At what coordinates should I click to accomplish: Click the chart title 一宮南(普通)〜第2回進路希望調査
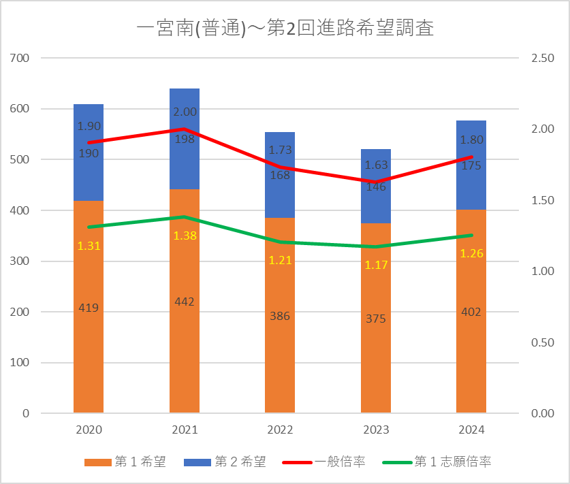pos(285,28)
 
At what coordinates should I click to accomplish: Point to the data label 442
pos(185,302)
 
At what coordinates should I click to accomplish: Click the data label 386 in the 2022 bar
pos(280,316)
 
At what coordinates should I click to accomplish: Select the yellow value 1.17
pos(376,265)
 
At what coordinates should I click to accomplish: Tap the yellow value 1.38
pos(185,236)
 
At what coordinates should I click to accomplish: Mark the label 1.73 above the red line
pos(280,150)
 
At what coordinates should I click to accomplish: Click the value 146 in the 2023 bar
pos(376,187)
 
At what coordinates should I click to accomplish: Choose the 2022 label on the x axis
pos(280,430)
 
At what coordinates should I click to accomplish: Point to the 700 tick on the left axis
pos(20,58)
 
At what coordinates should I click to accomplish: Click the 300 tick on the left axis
pos(20,261)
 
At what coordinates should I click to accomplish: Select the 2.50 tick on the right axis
pos(542,58)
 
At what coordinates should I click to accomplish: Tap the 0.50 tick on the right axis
pos(542,342)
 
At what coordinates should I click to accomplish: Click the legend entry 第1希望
pos(125,462)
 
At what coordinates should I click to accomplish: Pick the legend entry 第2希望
pos(225,462)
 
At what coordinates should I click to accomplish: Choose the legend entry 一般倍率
pos(323,462)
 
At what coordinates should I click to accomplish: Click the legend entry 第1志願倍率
pos(437,462)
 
